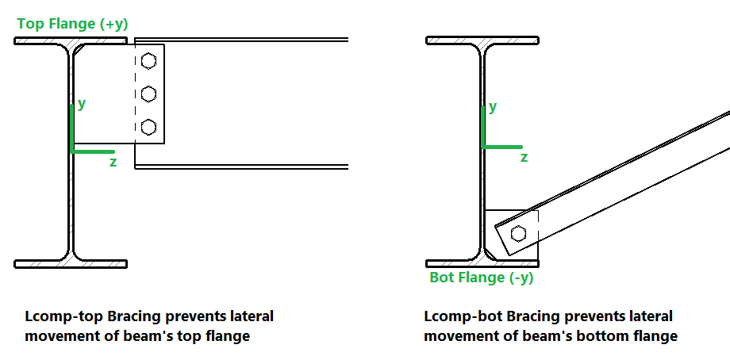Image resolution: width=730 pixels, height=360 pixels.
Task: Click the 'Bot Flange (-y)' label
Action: coord(481,278)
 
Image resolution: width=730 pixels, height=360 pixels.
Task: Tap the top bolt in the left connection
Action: coord(148,61)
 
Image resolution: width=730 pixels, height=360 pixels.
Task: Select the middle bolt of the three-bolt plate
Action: coord(148,94)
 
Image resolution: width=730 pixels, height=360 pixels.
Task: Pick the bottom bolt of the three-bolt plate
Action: coord(148,126)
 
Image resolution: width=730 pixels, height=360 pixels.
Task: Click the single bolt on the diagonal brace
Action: coord(519,233)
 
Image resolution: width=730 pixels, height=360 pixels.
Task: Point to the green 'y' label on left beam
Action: coord(82,103)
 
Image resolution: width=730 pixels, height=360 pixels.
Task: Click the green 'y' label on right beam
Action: coord(493,106)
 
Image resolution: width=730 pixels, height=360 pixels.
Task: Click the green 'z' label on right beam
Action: coord(524,158)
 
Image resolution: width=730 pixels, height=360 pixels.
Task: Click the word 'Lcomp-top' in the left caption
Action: coord(58,316)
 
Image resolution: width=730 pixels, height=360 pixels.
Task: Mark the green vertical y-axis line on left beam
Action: coord(72,127)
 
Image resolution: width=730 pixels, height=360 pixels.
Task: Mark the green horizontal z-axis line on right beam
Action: coord(501,147)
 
